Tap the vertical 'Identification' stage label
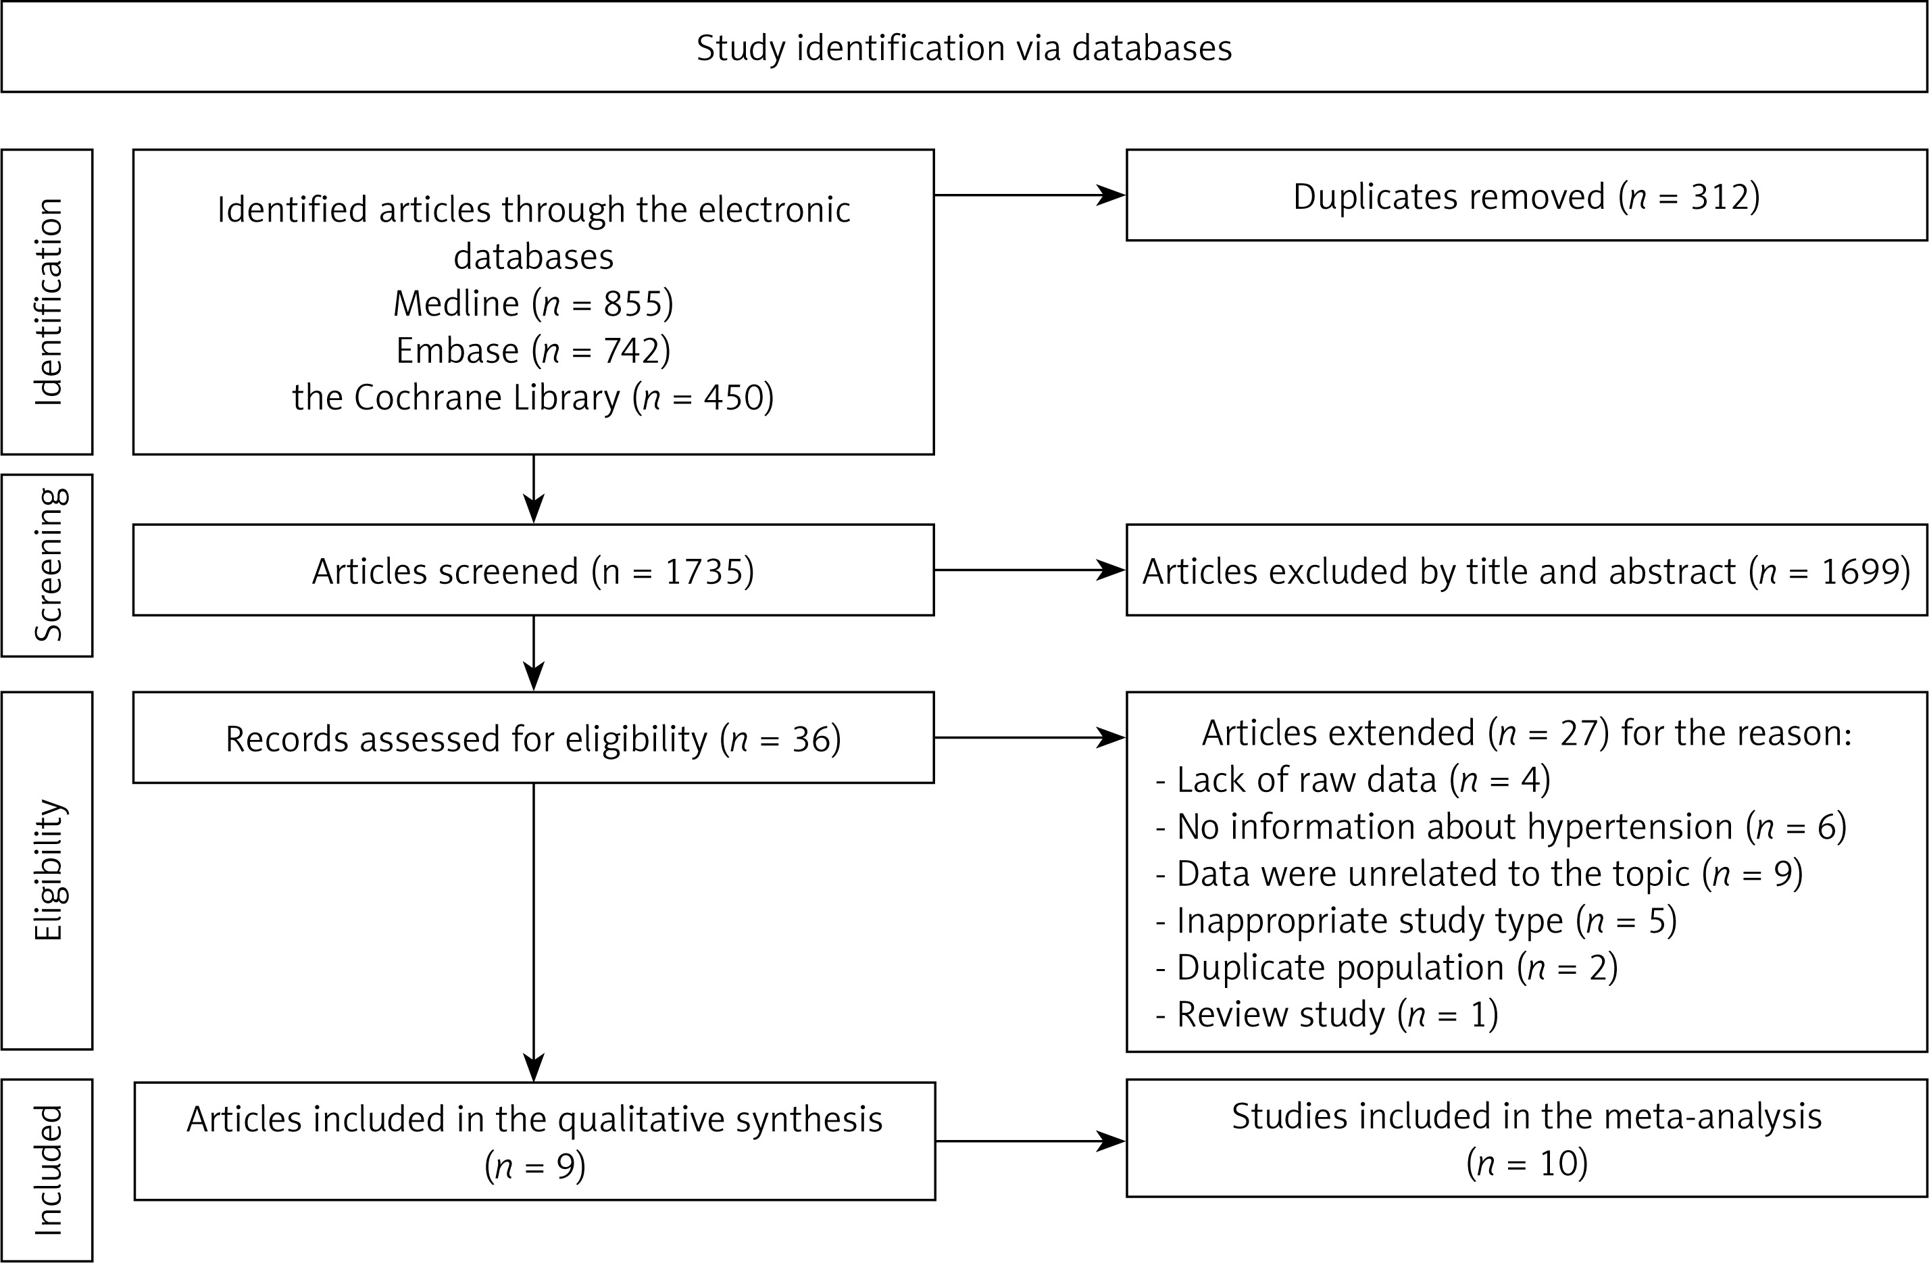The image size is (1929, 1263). coord(48,301)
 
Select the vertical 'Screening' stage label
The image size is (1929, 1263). coord(48,565)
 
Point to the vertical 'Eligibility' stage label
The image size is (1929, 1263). coord(48,870)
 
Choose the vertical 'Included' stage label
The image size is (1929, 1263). coord(48,1170)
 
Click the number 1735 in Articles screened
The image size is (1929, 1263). coord(703,572)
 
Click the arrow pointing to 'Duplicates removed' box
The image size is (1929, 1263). coord(1029,195)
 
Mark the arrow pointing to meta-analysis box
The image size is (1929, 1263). coord(1031,1141)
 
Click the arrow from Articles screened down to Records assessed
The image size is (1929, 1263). coord(533,653)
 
